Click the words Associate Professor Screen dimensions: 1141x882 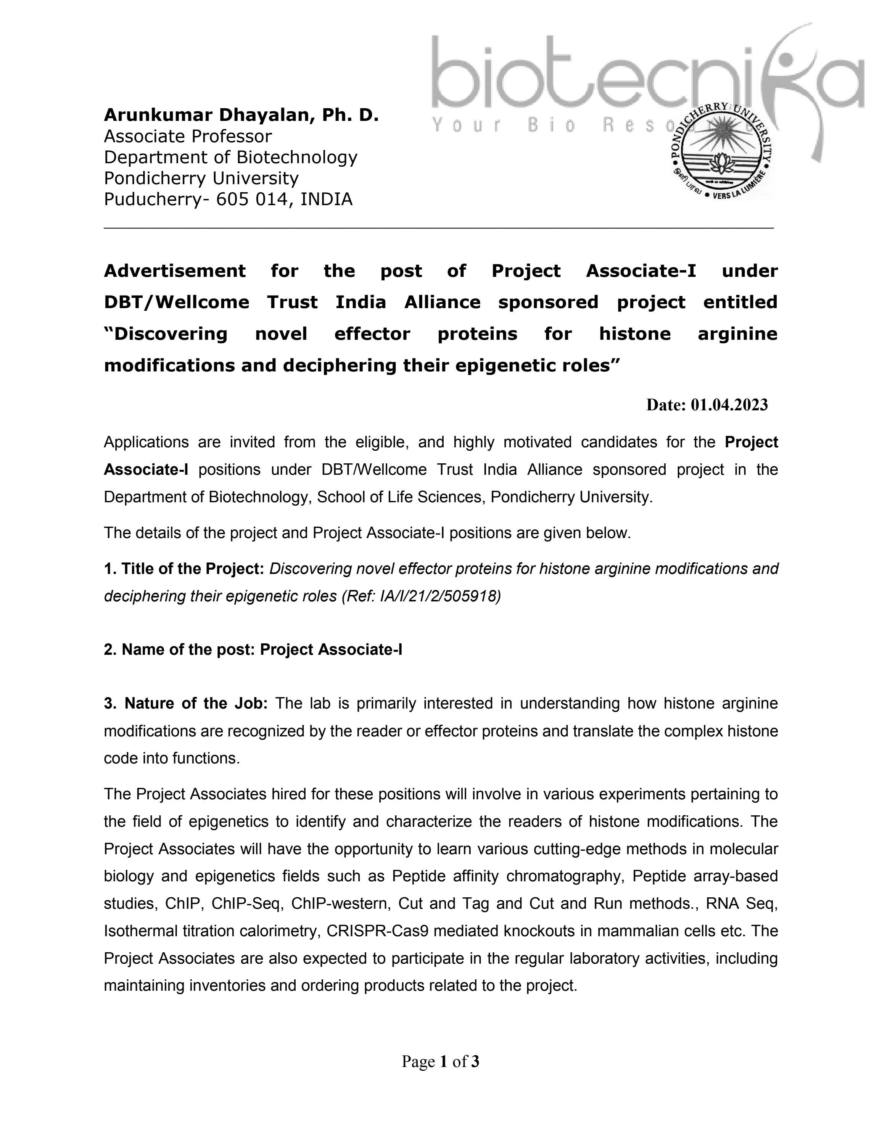coord(188,137)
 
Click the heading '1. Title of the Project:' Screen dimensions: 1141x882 coord(184,569)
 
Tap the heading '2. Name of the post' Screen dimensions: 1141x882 coord(179,649)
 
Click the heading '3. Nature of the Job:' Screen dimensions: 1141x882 coord(185,703)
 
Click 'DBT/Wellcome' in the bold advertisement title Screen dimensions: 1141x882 coord(177,302)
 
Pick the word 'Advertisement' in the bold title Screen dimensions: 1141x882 coord(174,271)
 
